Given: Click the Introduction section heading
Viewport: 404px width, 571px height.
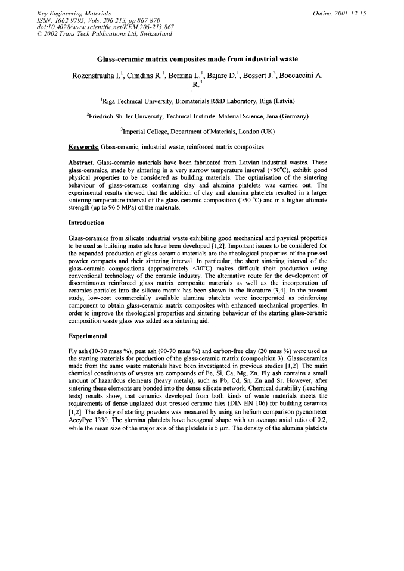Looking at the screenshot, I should [x=87, y=223].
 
